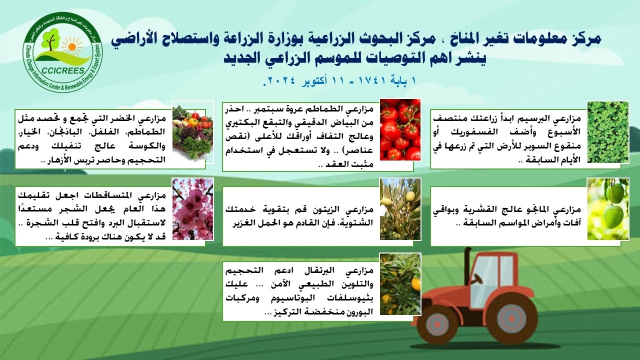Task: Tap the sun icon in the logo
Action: point(71,45)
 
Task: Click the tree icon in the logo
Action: point(50,39)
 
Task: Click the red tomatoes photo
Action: point(400,129)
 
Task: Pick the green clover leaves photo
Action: point(608,132)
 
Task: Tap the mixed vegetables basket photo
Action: point(192,131)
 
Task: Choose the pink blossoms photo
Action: point(193,209)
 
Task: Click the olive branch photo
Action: point(400,209)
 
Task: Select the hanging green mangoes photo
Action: point(608,209)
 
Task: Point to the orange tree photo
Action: point(400,284)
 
